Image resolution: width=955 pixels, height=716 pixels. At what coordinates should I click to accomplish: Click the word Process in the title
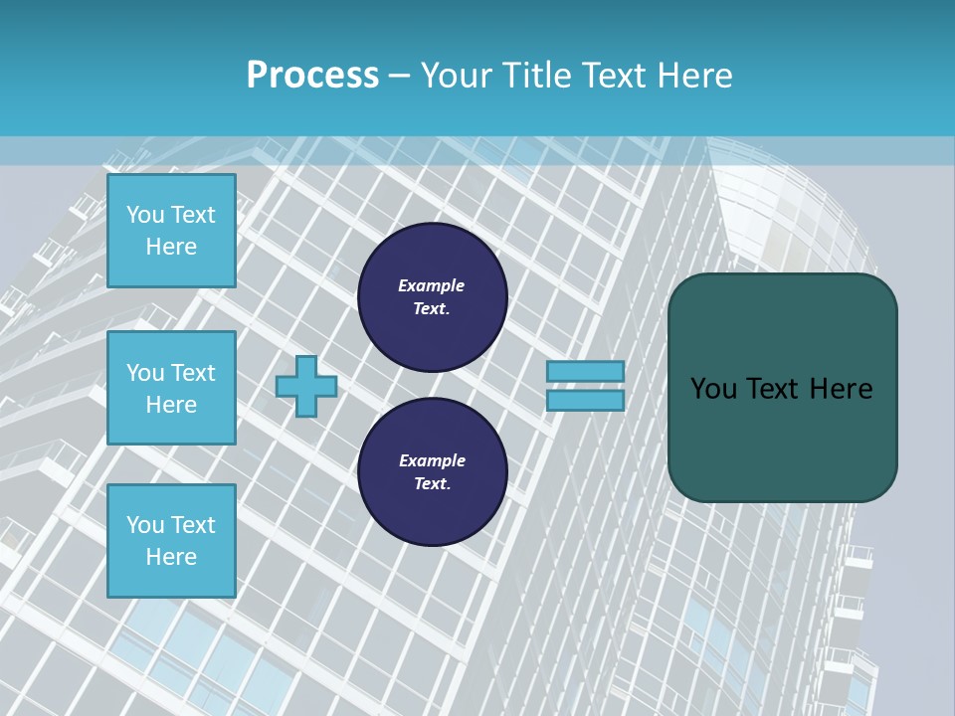pyautogui.click(x=312, y=75)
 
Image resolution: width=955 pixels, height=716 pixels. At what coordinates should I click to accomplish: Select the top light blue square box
pyautogui.click(x=171, y=231)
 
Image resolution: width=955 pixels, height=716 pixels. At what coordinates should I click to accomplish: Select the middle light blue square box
pyautogui.click(x=171, y=388)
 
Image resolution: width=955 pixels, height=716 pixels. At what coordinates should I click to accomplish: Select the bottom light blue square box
pyautogui.click(x=171, y=541)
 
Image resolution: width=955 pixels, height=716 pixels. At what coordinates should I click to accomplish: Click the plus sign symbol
pyautogui.click(x=306, y=386)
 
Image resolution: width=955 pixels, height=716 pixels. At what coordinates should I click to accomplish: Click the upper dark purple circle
pyautogui.click(x=433, y=297)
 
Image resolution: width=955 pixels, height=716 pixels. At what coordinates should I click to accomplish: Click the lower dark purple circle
pyautogui.click(x=433, y=472)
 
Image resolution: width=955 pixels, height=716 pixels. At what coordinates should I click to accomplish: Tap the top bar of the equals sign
pyautogui.click(x=585, y=371)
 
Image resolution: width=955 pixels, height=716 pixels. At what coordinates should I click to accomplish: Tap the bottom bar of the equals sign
pyautogui.click(x=585, y=400)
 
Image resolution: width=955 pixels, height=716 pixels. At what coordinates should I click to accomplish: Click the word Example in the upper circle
pyautogui.click(x=432, y=286)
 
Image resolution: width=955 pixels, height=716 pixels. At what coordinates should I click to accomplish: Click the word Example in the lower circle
pyautogui.click(x=432, y=461)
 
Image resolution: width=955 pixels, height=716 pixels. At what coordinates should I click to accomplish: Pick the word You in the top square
pyautogui.click(x=144, y=215)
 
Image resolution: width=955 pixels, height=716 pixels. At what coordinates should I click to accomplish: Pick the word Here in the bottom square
pyautogui.click(x=171, y=557)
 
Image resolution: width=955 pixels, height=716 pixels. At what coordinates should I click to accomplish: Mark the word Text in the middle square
pyautogui.click(x=193, y=373)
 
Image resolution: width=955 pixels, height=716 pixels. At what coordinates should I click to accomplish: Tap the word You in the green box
pyautogui.click(x=713, y=389)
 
